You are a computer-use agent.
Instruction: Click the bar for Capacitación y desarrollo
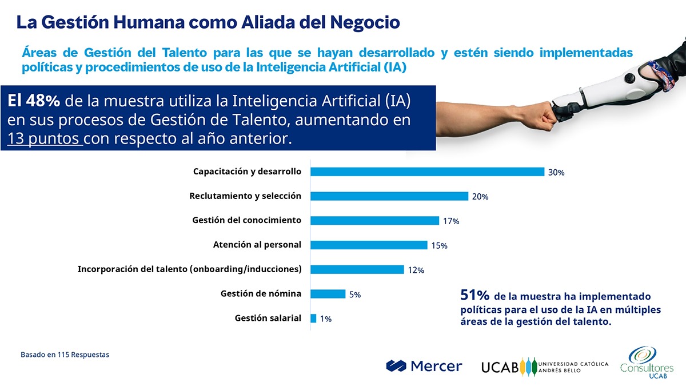pyautogui.click(x=427, y=172)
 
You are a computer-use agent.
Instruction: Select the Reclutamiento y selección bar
pyautogui.click(x=389, y=196)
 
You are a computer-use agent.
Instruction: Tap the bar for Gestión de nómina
pyautogui.click(x=328, y=294)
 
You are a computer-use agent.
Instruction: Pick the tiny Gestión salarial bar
pyautogui.click(x=313, y=319)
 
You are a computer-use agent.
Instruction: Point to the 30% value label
pyautogui.click(x=556, y=172)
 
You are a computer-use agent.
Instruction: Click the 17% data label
pyautogui.click(x=451, y=221)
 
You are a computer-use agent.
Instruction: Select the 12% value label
pyautogui.click(x=416, y=270)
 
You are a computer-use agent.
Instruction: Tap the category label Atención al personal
pyautogui.click(x=257, y=245)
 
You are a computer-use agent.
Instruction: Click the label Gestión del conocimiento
pyautogui.click(x=246, y=220)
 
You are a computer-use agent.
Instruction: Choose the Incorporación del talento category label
pyautogui.click(x=189, y=269)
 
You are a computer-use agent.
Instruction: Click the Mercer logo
pyautogui.click(x=424, y=366)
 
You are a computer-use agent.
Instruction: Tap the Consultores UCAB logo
pyautogui.click(x=647, y=363)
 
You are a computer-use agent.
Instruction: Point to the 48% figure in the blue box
pyautogui.click(x=43, y=101)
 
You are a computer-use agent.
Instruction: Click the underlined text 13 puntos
pyautogui.click(x=45, y=139)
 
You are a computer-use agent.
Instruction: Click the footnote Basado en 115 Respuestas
pyautogui.click(x=65, y=355)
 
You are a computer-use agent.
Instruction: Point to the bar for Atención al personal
pyautogui.click(x=369, y=245)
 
